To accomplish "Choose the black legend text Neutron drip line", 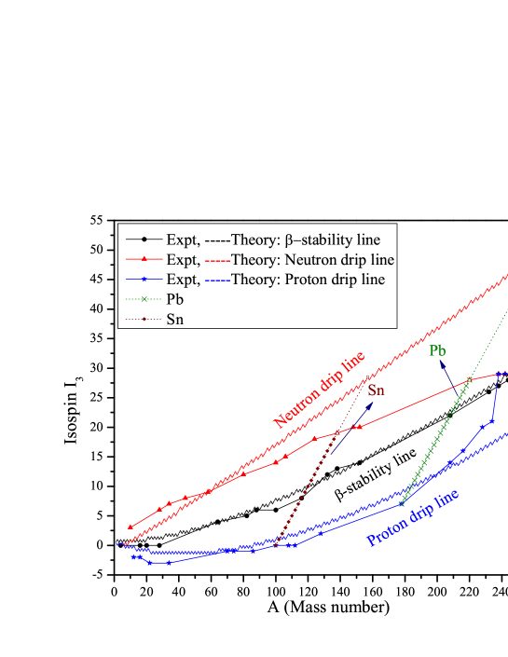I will point(339,259).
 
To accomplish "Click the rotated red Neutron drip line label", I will point(318,390).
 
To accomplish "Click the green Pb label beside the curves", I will point(437,351).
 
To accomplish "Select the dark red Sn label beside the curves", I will point(376,390).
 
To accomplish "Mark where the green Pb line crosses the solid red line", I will point(470,379).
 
